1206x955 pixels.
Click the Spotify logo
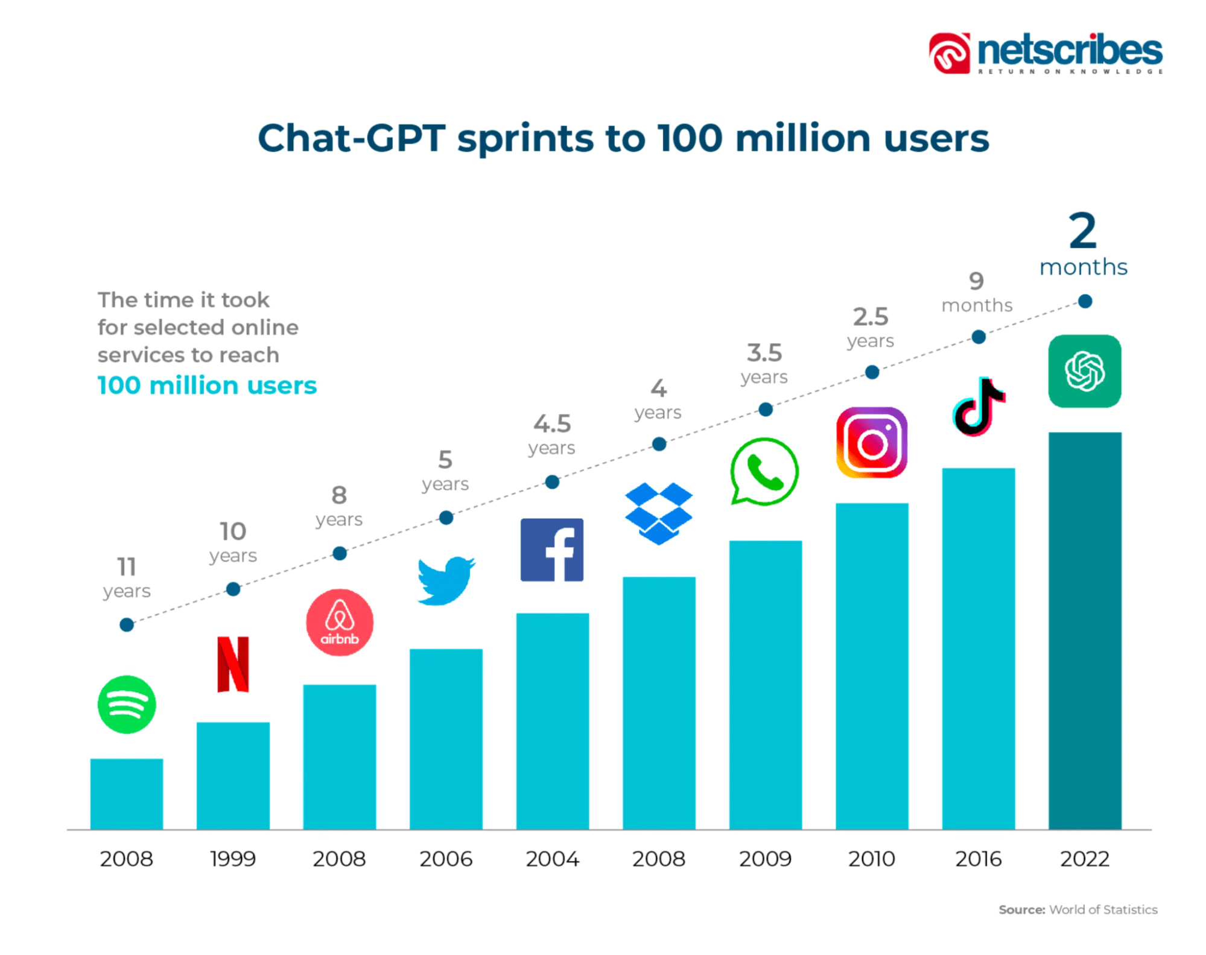click(127, 704)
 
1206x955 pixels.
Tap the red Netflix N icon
click(233, 664)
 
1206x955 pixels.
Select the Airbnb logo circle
click(339, 622)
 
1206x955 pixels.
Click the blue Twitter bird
click(446, 580)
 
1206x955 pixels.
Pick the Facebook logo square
click(552, 550)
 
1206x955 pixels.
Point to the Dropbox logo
click(659, 513)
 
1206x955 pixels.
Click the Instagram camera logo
click(872, 443)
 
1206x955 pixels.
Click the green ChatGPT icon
click(1084, 371)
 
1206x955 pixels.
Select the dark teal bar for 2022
click(1085, 630)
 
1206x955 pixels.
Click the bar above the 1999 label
click(233, 775)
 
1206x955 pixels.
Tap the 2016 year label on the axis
click(978, 858)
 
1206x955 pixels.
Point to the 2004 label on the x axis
click(552, 858)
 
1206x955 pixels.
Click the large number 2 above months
click(1083, 231)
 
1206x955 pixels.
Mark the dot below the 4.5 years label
click(552, 482)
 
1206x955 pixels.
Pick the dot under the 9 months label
click(979, 337)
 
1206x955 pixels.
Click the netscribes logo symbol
click(950, 53)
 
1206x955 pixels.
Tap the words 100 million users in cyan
click(207, 385)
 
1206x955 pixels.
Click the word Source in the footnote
click(1021, 910)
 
